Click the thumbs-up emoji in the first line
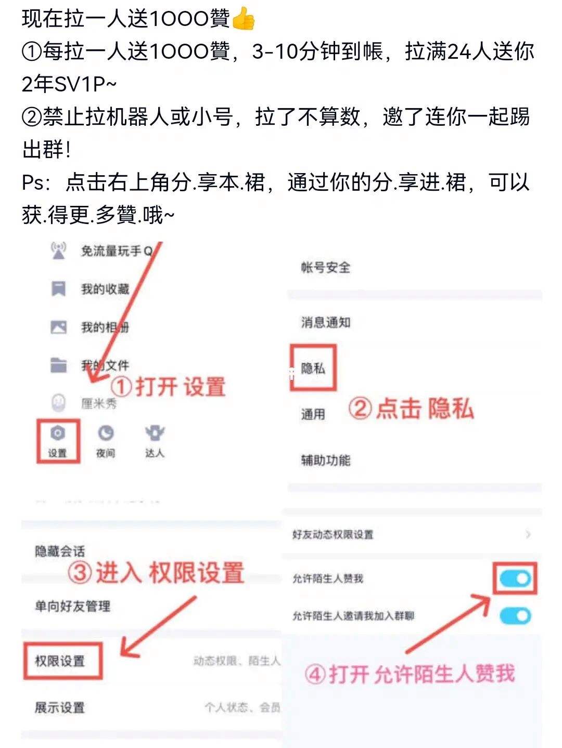(x=244, y=19)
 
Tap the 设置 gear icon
(x=57, y=434)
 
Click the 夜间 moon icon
(x=106, y=434)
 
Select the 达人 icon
(x=155, y=433)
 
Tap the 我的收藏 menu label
(x=105, y=289)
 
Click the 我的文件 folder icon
(x=58, y=365)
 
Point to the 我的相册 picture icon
(x=58, y=327)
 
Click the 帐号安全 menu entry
(x=325, y=268)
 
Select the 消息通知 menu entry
(x=325, y=322)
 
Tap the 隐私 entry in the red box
(x=313, y=368)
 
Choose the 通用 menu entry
(x=313, y=414)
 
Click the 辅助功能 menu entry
(x=325, y=460)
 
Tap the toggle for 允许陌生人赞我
(x=515, y=578)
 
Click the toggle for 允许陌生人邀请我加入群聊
(x=515, y=616)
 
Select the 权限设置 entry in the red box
(x=60, y=661)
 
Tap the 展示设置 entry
(x=60, y=707)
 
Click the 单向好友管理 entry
(x=72, y=606)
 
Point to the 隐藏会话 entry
(x=60, y=551)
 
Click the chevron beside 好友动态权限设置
(x=528, y=534)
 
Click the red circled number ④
(x=315, y=675)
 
